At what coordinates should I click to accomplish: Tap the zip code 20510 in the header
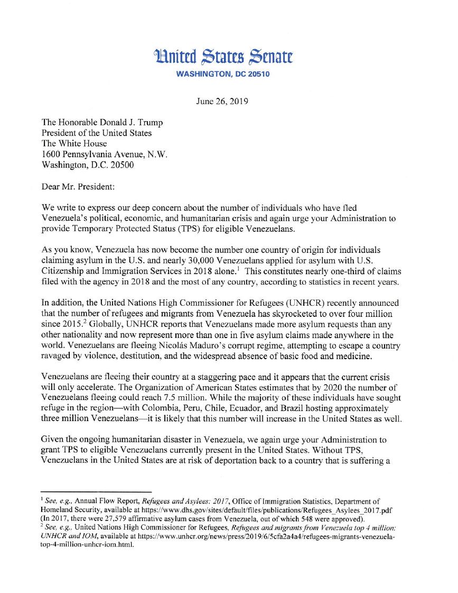click(x=257, y=75)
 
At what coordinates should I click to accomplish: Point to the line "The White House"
click(x=74, y=143)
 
